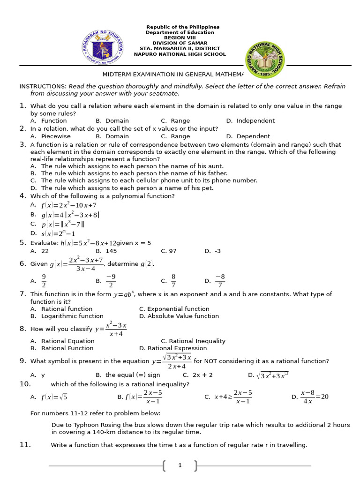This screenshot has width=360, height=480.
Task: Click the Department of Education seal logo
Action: [102, 47]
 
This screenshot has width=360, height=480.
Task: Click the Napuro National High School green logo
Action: [265, 60]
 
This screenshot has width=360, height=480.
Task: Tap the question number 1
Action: [22, 106]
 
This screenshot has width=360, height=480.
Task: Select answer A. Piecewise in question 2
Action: [50, 136]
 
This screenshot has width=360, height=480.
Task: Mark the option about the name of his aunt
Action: [126, 166]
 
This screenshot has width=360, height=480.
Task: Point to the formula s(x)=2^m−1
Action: [58, 233]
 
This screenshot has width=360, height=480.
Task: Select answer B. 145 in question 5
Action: [106, 251]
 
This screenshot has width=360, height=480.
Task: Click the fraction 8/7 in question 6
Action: [173, 281]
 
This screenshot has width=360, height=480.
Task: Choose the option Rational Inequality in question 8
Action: [193, 341]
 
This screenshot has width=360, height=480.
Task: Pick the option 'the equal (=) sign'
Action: [127, 375]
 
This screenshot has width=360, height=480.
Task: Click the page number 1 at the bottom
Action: [180, 465]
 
